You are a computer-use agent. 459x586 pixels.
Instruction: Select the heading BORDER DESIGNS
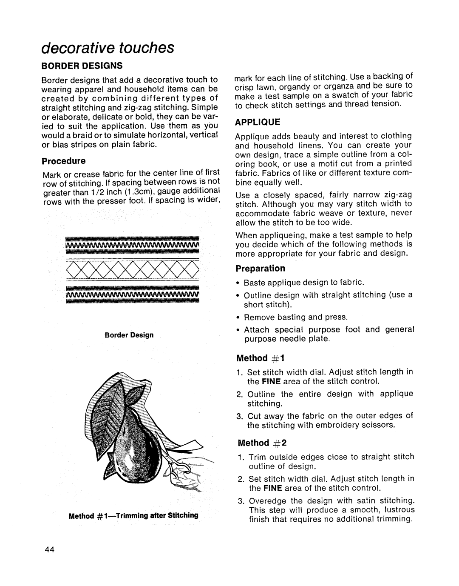point(82,66)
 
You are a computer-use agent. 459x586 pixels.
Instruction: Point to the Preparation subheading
point(261,269)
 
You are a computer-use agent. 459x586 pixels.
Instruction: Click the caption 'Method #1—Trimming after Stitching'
point(133,515)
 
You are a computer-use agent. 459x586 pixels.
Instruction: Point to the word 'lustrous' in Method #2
point(396,510)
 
